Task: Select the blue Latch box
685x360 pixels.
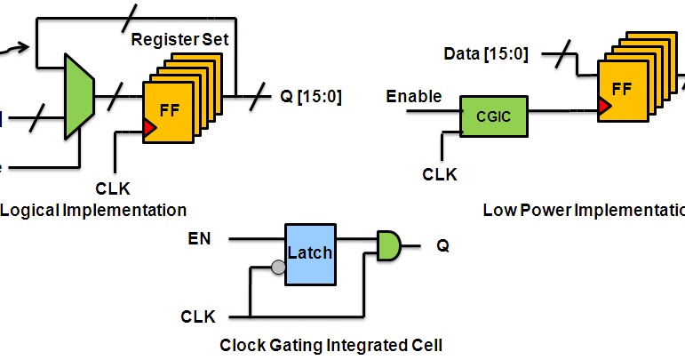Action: click(309, 252)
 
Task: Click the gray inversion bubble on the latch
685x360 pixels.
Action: click(278, 267)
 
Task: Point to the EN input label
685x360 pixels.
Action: click(200, 237)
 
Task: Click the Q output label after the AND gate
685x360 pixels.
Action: click(442, 245)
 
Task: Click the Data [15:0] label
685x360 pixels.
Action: click(487, 54)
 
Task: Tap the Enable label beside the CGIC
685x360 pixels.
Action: click(414, 95)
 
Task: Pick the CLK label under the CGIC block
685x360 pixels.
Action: click(439, 174)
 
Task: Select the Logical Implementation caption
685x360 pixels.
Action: click(93, 210)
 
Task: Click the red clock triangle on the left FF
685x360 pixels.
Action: click(149, 129)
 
